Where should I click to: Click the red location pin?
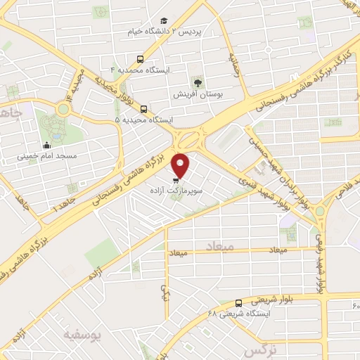(181, 165)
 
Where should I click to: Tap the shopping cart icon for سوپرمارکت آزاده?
(175, 180)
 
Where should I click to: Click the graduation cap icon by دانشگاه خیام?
(164, 22)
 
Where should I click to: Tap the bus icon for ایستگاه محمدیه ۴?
(140, 60)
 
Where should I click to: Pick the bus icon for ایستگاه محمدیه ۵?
(143, 109)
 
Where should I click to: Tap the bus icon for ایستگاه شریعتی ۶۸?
(239, 303)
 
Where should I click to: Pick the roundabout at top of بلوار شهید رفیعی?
(320, 210)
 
